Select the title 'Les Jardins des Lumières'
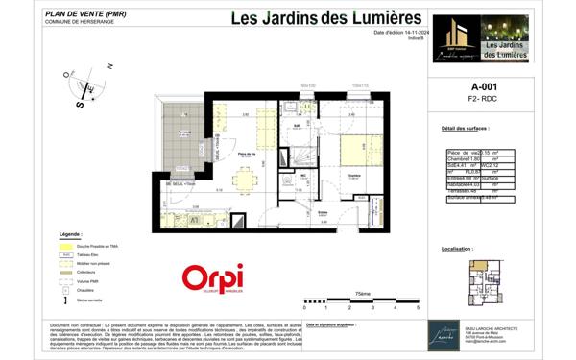pyautogui.click(x=313, y=18)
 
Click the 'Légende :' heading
pyautogui.click(x=71, y=234)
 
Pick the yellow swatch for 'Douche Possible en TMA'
pyautogui.click(x=65, y=246)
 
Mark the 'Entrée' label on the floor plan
pyautogui.click(x=324, y=212)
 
